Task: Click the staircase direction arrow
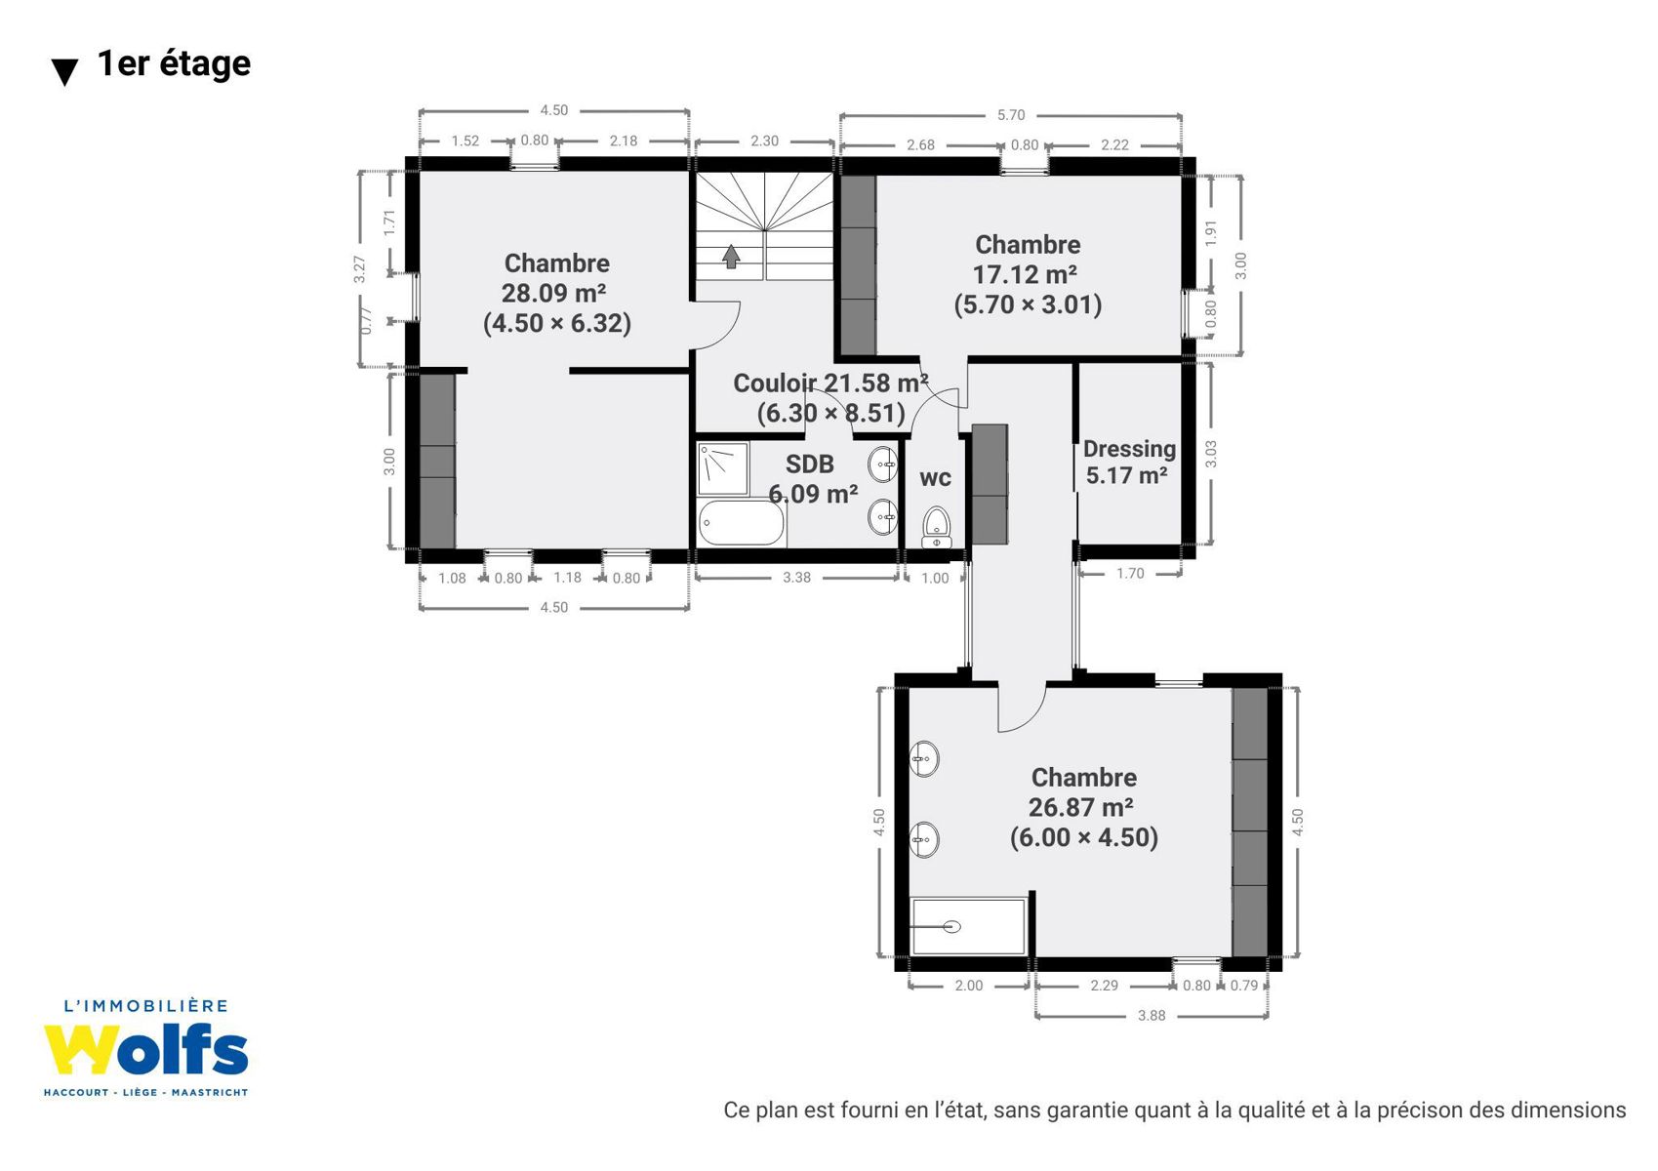731,256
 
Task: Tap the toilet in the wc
936,527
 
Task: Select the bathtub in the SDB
740,523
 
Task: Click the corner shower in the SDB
722,468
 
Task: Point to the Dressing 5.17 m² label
1129,462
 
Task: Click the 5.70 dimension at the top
1010,115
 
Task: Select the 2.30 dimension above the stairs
764,141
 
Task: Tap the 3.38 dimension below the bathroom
796,578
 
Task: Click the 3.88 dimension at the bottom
1151,1016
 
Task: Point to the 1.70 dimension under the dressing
1129,573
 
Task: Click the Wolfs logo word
145,1050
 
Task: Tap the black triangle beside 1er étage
64,72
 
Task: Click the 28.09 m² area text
553,293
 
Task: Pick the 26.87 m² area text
1080,807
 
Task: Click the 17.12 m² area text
1025,274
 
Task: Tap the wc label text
935,478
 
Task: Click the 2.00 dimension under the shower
968,986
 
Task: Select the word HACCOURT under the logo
76,1092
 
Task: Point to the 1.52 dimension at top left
465,141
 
